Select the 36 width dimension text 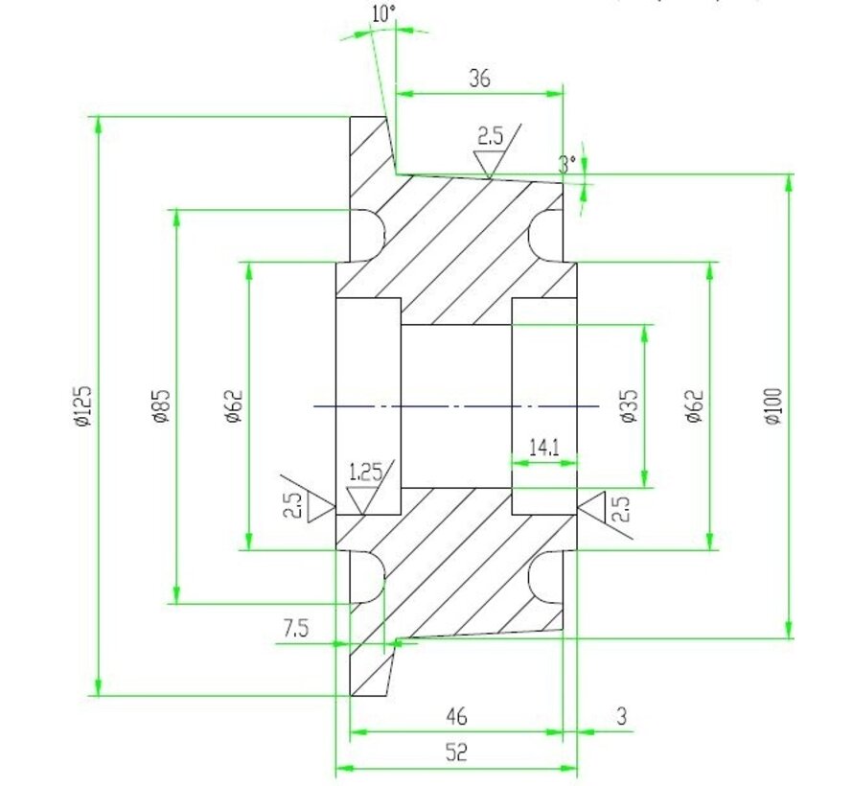479,79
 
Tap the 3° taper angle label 568,164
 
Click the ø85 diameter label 159,406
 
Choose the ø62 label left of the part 234,406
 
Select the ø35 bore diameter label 628,406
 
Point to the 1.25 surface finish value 366,471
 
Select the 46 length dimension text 456,715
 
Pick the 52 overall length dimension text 456,753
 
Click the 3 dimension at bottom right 621,715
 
